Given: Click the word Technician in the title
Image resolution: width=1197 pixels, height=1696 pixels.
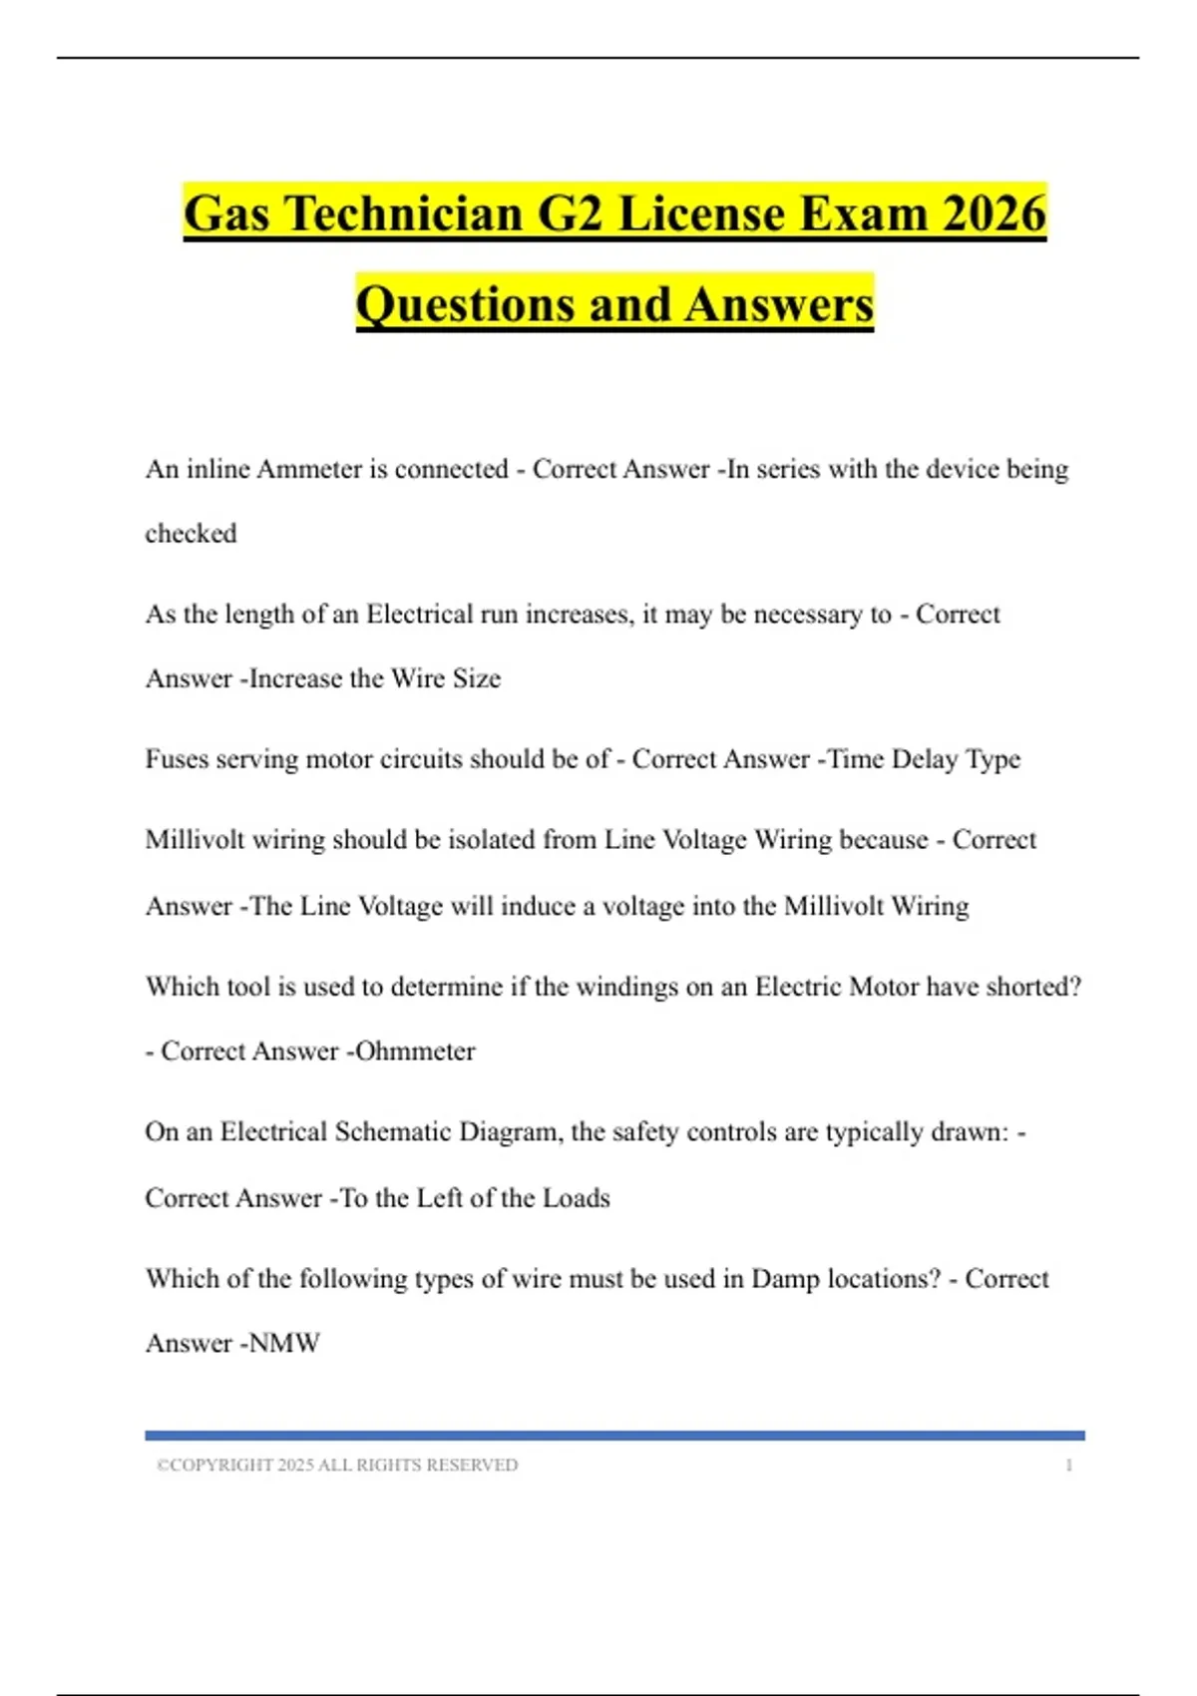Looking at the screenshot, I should (x=405, y=214).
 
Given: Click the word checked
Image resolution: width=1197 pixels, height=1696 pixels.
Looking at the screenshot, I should (x=191, y=534).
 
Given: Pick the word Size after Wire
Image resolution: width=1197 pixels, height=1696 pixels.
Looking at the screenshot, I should (x=477, y=678).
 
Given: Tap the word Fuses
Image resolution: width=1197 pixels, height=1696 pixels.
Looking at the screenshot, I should (x=177, y=759).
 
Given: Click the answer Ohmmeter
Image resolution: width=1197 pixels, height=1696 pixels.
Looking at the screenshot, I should (x=416, y=1052).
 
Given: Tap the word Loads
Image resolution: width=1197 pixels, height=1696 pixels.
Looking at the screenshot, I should (x=576, y=1198).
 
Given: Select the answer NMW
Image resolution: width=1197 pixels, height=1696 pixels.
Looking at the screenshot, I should (x=284, y=1344).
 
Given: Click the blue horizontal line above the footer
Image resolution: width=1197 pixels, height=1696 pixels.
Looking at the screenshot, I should (x=614, y=1436).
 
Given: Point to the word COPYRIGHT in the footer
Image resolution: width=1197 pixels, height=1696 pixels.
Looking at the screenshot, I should (x=221, y=1466).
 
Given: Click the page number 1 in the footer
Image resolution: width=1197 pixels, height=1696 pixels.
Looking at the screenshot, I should (x=1068, y=1466).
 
